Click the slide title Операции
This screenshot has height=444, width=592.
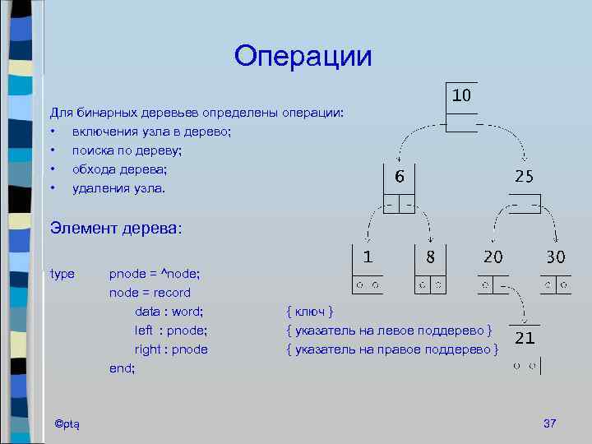[x=303, y=57]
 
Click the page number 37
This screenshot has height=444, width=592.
[x=550, y=423]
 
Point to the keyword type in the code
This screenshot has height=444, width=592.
[x=62, y=273]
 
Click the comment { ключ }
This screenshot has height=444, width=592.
[x=309, y=311]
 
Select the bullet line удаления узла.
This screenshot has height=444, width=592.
[x=118, y=188]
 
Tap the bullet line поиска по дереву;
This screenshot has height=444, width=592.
[x=127, y=150]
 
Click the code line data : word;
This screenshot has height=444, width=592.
[x=169, y=311]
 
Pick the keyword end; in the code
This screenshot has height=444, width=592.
[x=123, y=368]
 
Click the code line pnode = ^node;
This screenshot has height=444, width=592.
[x=155, y=273]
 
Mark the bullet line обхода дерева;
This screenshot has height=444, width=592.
[x=120, y=169]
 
